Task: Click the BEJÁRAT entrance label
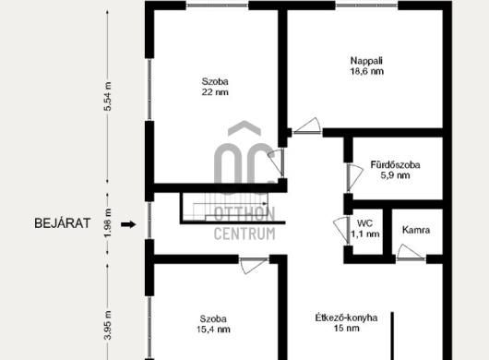tap(63, 223)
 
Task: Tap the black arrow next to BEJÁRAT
tap(128, 224)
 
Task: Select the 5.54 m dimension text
tap(108, 96)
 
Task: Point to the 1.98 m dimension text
tap(108, 223)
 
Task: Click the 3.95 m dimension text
tap(108, 325)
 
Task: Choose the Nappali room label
tap(367, 61)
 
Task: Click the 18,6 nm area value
tap(367, 71)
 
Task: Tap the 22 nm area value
tap(215, 92)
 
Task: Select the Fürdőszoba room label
tap(395, 164)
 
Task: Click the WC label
tap(364, 223)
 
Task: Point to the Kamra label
tap(416, 230)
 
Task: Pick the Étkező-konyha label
tap(346, 318)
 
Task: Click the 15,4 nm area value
tap(214, 330)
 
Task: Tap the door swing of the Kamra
tap(411, 252)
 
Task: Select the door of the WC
tap(341, 230)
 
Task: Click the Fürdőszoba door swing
tap(355, 178)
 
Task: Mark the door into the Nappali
tap(307, 126)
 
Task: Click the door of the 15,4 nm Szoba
tap(254, 266)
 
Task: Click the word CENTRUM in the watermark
tap(244, 234)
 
